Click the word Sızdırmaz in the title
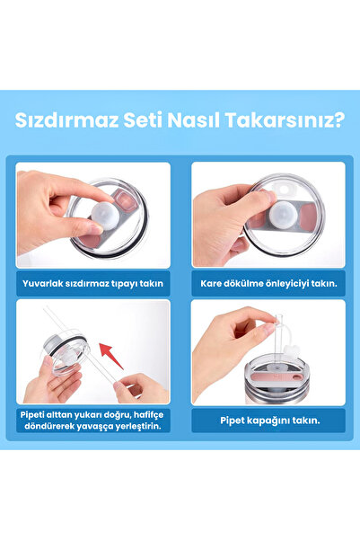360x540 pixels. (66, 120)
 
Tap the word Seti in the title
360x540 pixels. (143, 120)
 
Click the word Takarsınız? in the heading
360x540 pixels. (285, 120)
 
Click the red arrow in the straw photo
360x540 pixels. (111, 356)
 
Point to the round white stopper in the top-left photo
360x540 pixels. (105, 216)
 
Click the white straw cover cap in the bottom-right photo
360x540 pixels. (291, 350)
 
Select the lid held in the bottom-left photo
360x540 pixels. (65, 355)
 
